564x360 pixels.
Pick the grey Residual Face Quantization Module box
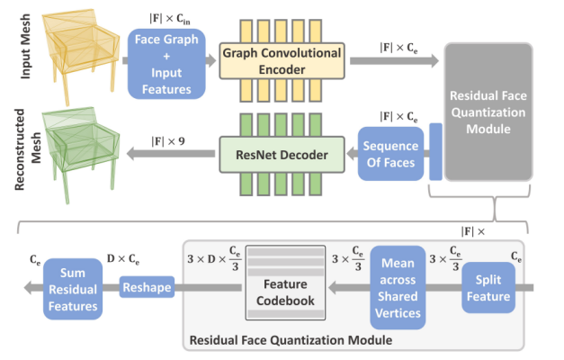coord(484,116)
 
